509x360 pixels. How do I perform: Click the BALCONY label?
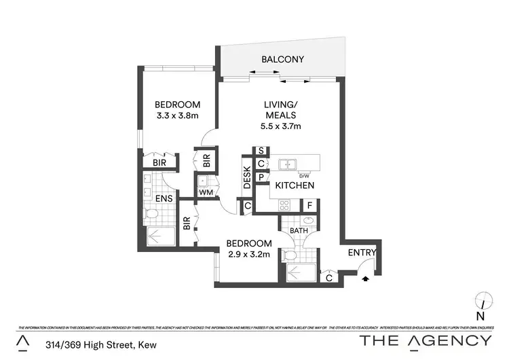pyautogui.click(x=283, y=60)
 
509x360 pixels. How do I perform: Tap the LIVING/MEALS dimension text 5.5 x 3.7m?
pyautogui.click(x=281, y=126)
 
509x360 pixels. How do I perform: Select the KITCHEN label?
pyautogui.click(x=295, y=185)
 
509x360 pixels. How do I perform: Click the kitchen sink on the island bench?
pyautogui.click(x=289, y=164)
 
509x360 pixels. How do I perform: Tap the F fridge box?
pyautogui.click(x=309, y=204)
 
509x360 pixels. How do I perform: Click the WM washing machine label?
pyautogui.click(x=205, y=192)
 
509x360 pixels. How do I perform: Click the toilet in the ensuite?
pyautogui.click(x=152, y=215)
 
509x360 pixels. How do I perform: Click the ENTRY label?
pyautogui.click(x=362, y=253)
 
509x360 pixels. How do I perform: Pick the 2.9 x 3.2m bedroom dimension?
pyautogui.click(x=249, y=255)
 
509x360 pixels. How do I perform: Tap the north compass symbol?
pyautogui.click(x=481, y=300)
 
